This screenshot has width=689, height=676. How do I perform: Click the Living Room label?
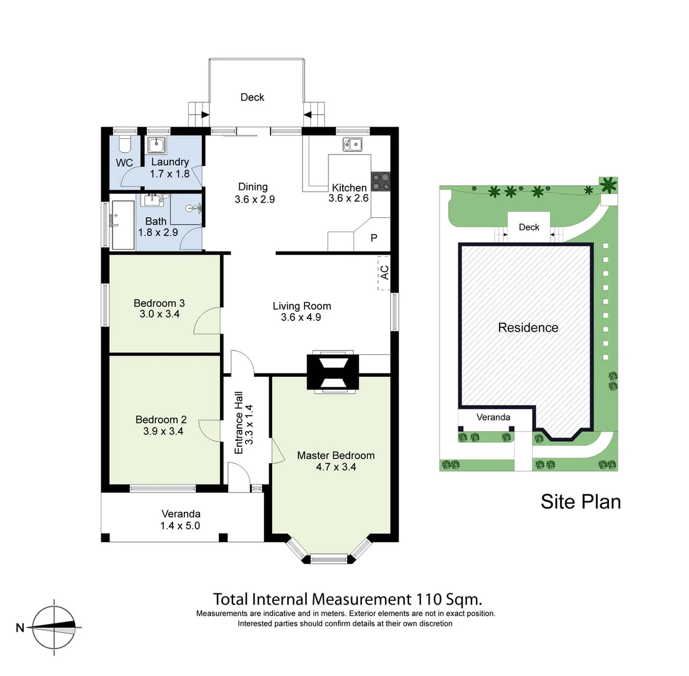coord(301,306)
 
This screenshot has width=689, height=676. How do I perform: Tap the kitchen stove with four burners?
coord(380,182)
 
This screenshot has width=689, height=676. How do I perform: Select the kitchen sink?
coord(351,145)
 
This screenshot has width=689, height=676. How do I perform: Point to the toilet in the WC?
coord(124,144)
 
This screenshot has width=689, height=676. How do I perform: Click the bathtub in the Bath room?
coord(122,225)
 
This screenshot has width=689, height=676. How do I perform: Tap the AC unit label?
coord(385,273)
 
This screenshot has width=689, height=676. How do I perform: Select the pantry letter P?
coord(374,238)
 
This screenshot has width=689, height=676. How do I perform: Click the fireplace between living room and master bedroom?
coord(332,373)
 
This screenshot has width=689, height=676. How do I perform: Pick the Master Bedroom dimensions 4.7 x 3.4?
coord(335,467)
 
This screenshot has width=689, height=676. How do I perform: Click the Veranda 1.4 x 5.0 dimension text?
coord(180,526)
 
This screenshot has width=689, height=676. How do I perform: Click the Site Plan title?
coord(580,501)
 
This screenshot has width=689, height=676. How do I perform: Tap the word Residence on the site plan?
coord(528,327)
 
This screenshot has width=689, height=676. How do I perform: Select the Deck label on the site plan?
coord(528,227)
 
